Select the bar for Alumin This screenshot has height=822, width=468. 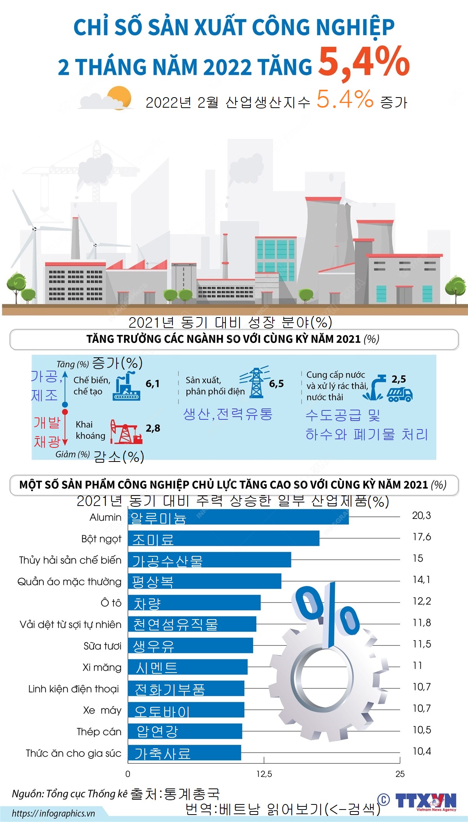pos(238,517)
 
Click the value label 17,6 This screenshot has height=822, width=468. pos(422,537)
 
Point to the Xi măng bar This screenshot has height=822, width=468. pos(188,667)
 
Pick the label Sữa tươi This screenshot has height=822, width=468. pos(102,646)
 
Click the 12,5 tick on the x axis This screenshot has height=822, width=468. pos(264,774)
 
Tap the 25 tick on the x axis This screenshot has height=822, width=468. pos(400,774)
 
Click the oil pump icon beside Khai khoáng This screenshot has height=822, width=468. pos(126,432)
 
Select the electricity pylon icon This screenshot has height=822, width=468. pos(255,382)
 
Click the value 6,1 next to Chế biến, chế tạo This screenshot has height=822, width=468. pos(152,384)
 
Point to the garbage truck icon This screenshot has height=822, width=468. pos(400,394)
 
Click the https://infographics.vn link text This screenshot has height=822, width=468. pos(53,813)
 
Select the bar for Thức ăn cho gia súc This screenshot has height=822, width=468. pos(184,753)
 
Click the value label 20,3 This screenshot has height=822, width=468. pos(421,515)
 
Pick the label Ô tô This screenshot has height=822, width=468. pos(111,603)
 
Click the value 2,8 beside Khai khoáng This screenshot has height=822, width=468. pos(153,428)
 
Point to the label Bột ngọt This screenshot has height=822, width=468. pos(101,539)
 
